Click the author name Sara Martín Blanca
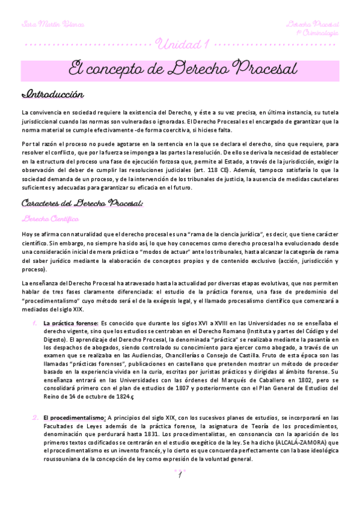point(52,25)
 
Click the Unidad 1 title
point(182,45)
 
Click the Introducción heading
point(52,95)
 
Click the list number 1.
point(35,324)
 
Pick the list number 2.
point(35,417)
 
